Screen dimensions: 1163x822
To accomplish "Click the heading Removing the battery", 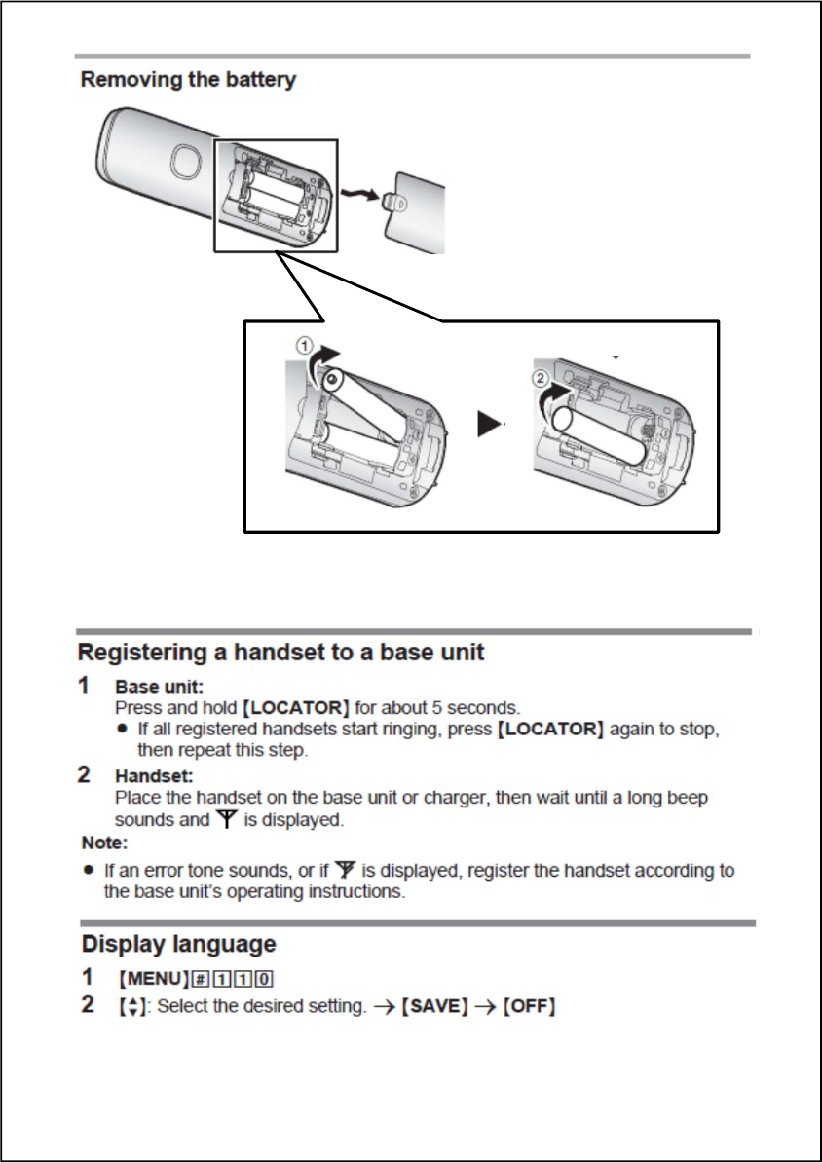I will coord(188,80).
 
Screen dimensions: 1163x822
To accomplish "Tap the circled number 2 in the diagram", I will coord(542,380).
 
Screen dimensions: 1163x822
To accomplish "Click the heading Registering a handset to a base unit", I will coord(280,652).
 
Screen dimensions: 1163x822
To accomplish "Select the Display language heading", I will coord(178,944).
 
